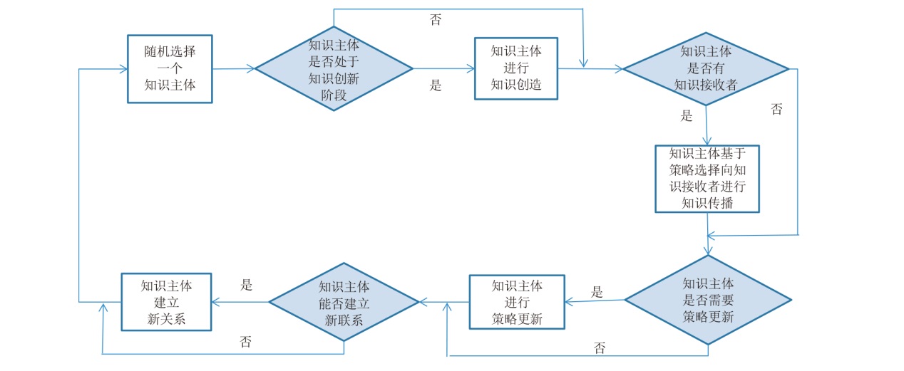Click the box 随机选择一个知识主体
point(170,68)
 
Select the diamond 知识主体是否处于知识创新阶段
point(334,68)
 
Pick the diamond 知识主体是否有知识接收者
point(705,68)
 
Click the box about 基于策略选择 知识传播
point(707,178)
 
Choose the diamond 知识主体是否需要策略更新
point(708,300)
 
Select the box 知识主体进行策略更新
point(517,302)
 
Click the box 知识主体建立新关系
point(166,302)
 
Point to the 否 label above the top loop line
point(436,20)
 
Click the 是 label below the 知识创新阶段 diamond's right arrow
point(436,86)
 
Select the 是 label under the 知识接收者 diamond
point(687,116)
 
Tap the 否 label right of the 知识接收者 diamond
point(777,109)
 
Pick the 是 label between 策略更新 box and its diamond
point(597,291)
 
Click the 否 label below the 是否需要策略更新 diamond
point(600,348)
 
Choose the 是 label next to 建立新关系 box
point(247,285)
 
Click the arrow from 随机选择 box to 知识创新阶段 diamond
point(234,68)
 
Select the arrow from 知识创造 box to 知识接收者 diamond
point(590,68)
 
